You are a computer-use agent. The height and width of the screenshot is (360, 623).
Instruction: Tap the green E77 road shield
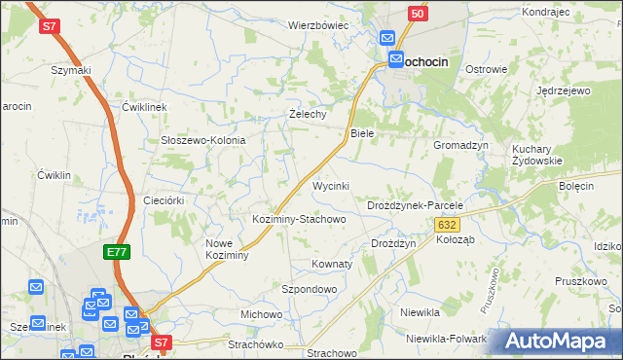(116, 252)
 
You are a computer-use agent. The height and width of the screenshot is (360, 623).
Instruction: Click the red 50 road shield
(417, 14)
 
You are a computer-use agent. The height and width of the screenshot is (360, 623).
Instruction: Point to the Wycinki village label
(330, 186)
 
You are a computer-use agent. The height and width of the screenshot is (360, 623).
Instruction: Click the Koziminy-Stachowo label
(299, 219)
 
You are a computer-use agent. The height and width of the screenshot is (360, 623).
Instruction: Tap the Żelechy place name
(308, 114)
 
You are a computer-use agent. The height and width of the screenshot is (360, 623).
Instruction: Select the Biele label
(362, 132)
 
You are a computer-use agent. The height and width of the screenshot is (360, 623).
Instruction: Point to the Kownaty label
(331, 264)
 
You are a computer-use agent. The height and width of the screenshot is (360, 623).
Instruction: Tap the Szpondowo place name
(309, 289)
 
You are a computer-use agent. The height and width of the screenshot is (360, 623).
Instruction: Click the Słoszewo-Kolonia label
(202, 140)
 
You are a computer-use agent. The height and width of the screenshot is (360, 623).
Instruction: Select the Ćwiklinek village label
(146, 106)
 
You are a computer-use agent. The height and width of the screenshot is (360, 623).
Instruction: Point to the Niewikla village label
(421, 313)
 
